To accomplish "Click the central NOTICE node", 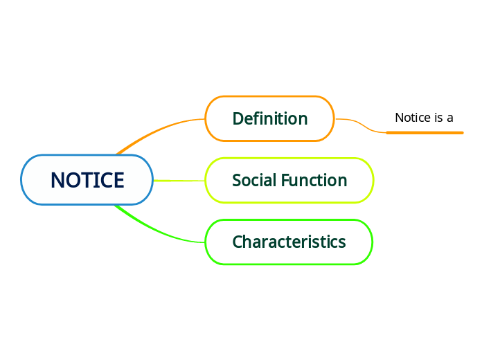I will (x=87, y=180).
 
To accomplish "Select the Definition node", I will (x=269, y=118).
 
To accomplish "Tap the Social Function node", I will (x=289, y=180).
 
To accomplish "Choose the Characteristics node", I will (x=289, y=242).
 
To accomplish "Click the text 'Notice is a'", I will (x=424, y=118).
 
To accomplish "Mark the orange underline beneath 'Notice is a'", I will (x=425, y=132).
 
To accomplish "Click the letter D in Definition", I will (x=238, y=118).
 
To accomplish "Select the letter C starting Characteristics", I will (x=237, y=242).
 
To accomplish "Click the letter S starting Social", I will (x=236, y=180).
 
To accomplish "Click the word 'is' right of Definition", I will (x=438, y=118).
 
